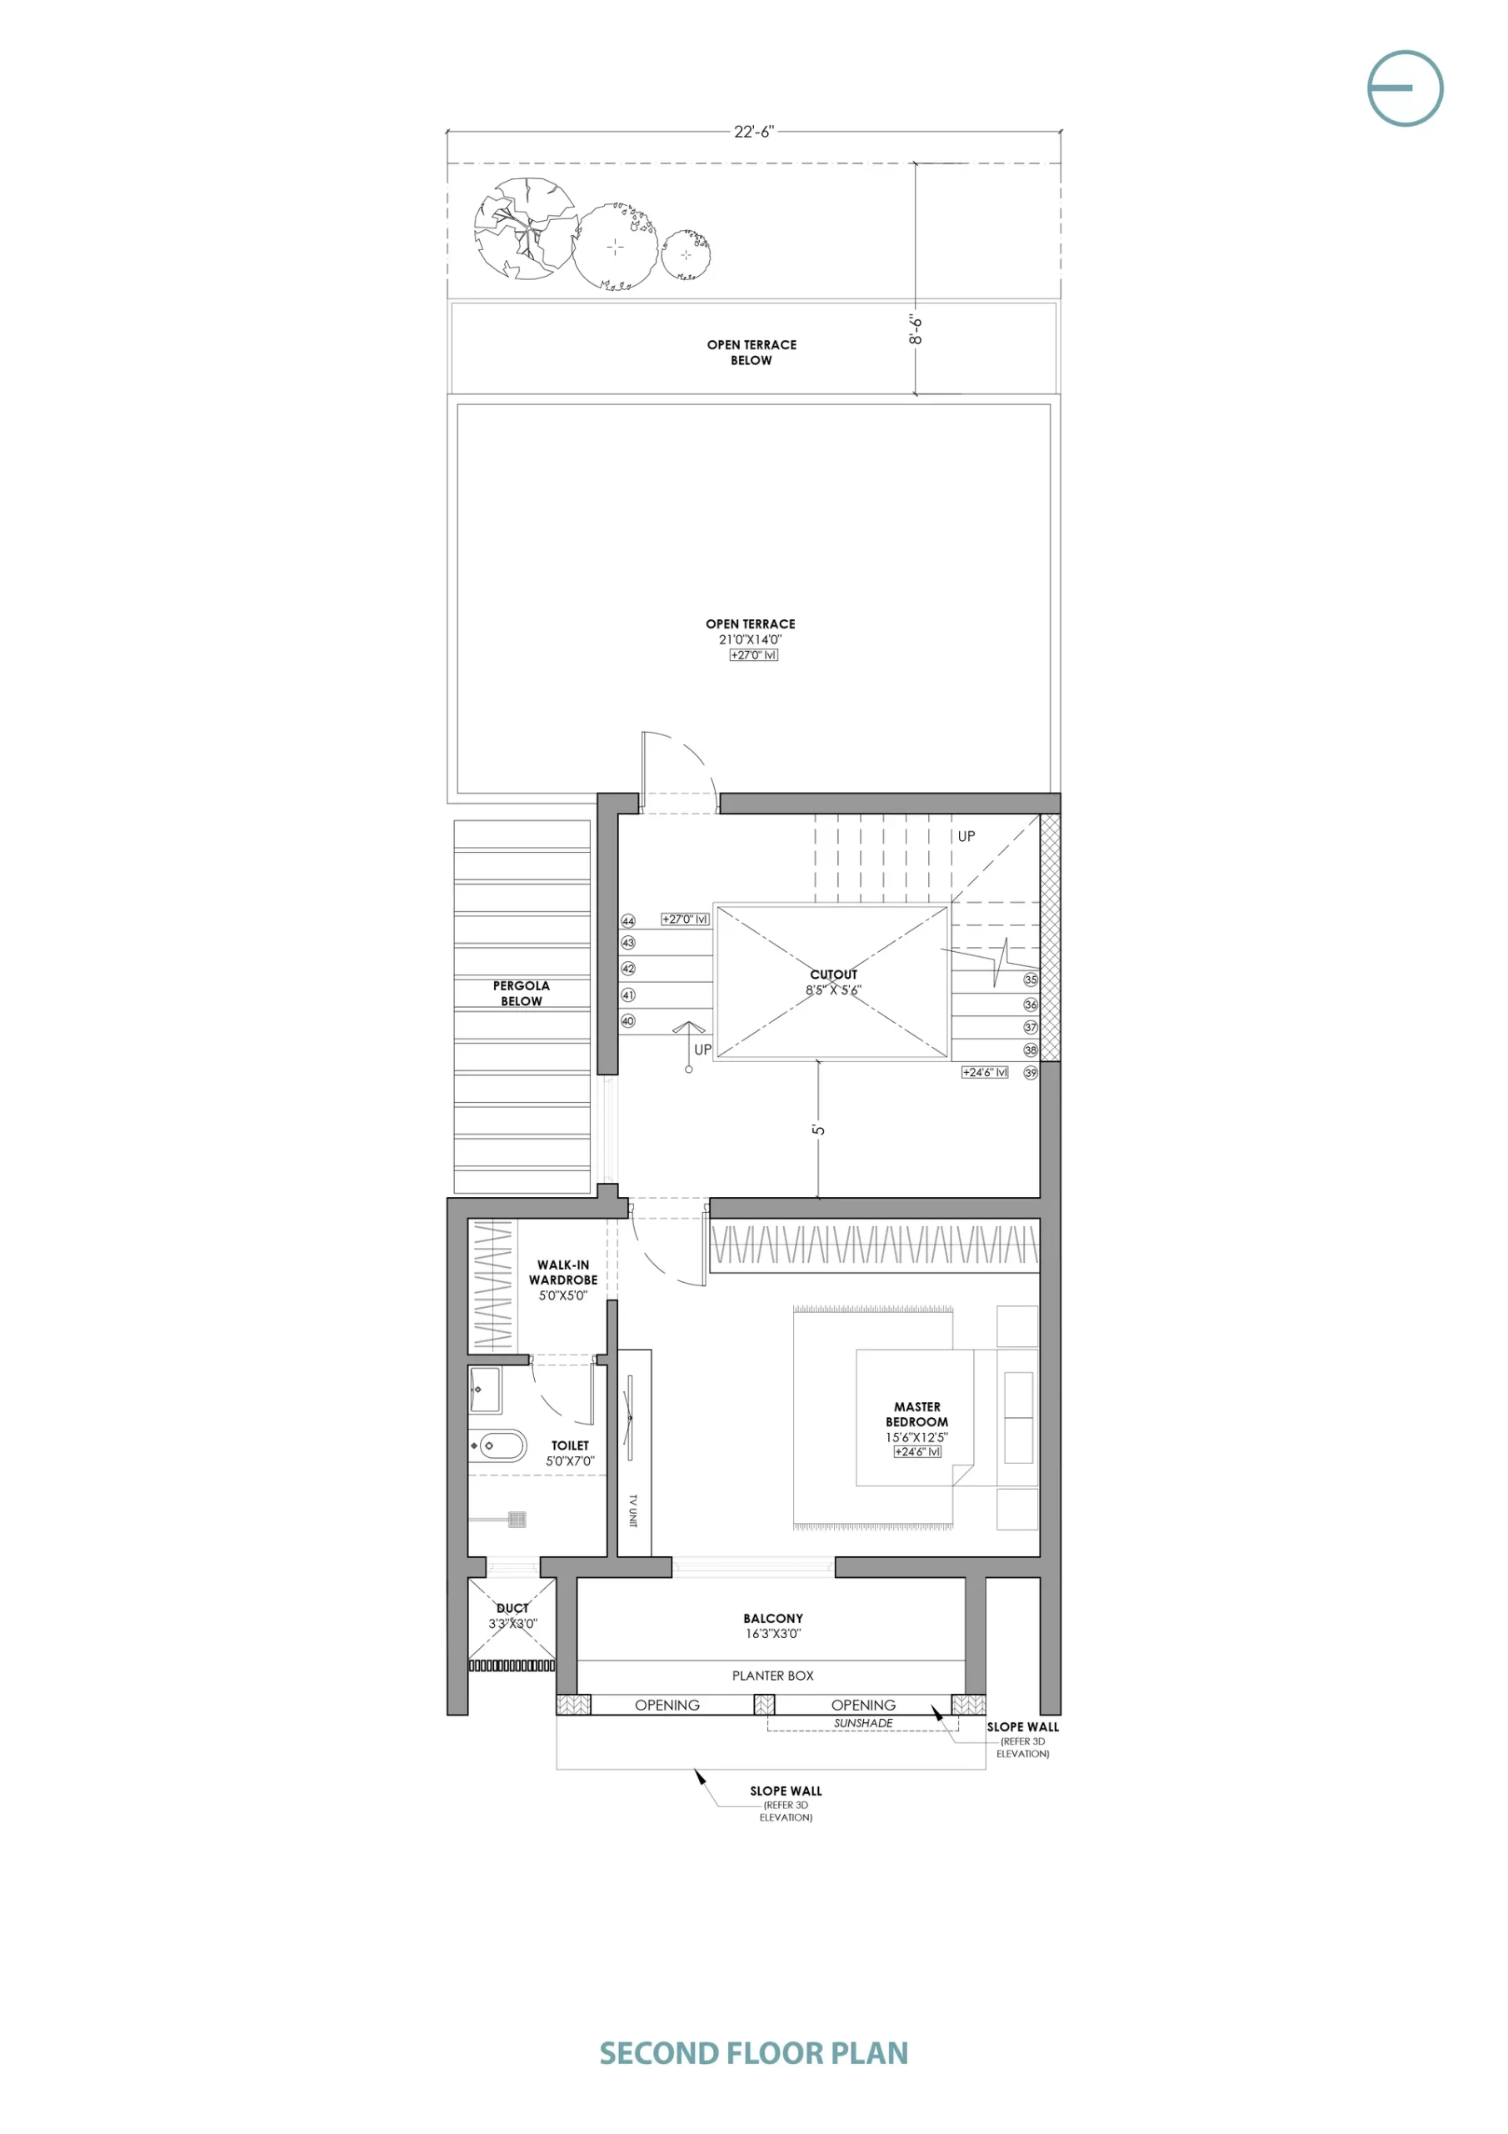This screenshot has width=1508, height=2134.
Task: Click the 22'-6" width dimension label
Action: coord(753,132)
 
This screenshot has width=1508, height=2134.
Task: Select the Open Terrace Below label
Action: coord(752,353)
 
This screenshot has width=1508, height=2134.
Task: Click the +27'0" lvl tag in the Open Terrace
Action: coord(753,655)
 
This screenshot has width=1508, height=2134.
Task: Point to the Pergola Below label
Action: coord(522,993)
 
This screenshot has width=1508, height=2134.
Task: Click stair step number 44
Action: coord(628,921)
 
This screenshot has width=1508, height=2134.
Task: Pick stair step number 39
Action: coord(1031,1073)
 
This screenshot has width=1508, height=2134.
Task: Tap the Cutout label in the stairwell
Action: coord(833,974)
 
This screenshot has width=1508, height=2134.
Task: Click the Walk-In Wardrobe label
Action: coord(563,1272)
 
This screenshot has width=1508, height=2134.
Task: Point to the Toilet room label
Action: coord(571,1445)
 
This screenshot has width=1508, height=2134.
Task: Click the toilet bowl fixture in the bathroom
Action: coord(502,1446)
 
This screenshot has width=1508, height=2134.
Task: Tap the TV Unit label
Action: coord(632,1510)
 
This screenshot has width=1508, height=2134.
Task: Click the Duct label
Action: coord(513,1608)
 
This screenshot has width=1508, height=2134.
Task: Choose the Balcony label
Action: coord(773,1618)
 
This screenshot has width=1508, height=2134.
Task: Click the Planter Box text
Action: coord(773,1676)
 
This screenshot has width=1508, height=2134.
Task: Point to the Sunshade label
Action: coord(863,1723)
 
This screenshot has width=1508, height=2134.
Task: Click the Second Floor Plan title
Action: coord(753,2053)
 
